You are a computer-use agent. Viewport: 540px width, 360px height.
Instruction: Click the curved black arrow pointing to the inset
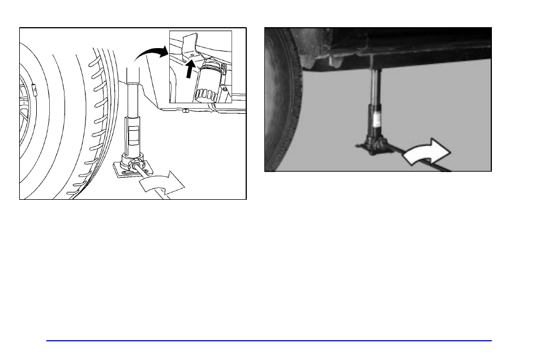(148, 54)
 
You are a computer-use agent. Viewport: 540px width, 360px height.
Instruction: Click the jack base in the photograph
(374, 146)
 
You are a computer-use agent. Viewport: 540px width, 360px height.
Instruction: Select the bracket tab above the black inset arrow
(190, 44)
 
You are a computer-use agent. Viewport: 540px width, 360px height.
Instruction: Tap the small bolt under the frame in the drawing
(186, 110)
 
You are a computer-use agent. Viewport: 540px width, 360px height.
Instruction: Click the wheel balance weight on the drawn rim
(33, 88)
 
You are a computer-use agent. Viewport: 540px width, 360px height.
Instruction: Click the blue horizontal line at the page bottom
(269, 341)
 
